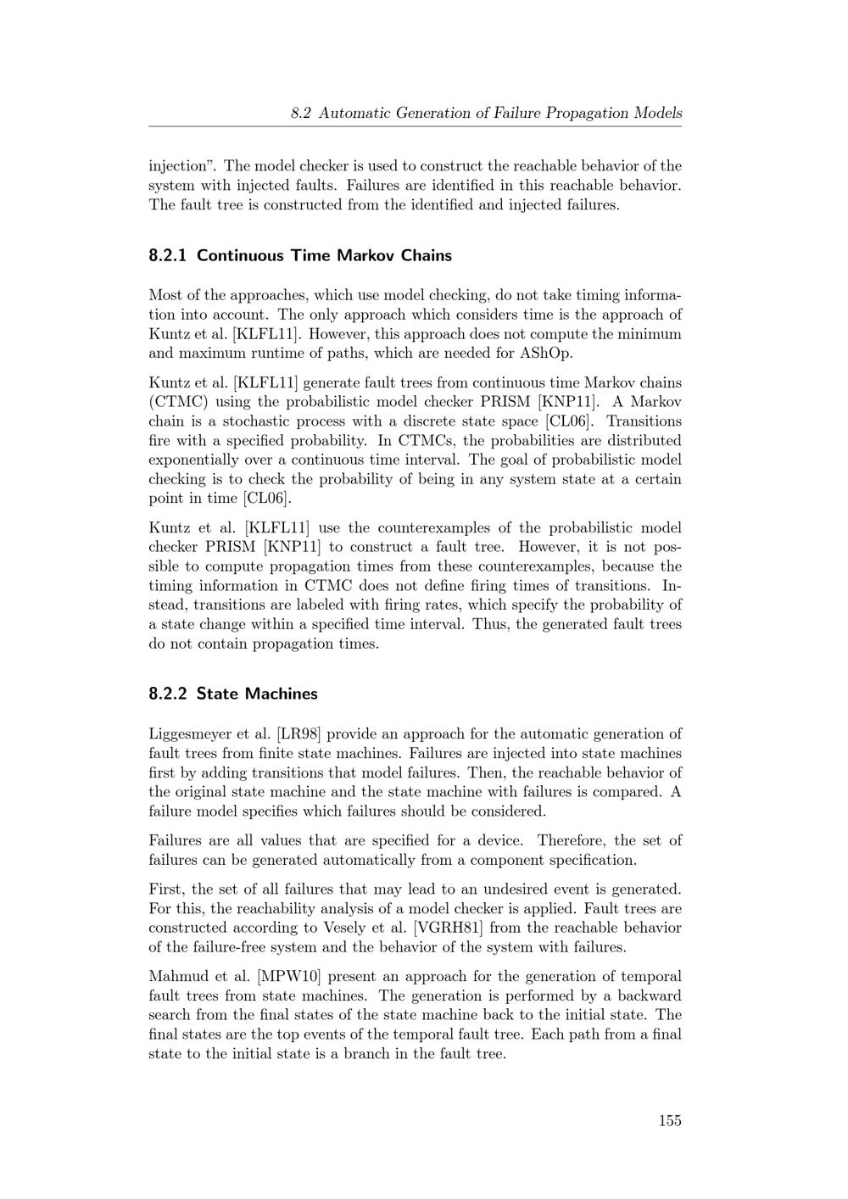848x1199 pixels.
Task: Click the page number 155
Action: (669, 1121)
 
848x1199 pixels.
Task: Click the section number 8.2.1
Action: (169, 255)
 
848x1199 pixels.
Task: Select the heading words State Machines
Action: (257, 694)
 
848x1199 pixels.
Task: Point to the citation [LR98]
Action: (304, 734)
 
